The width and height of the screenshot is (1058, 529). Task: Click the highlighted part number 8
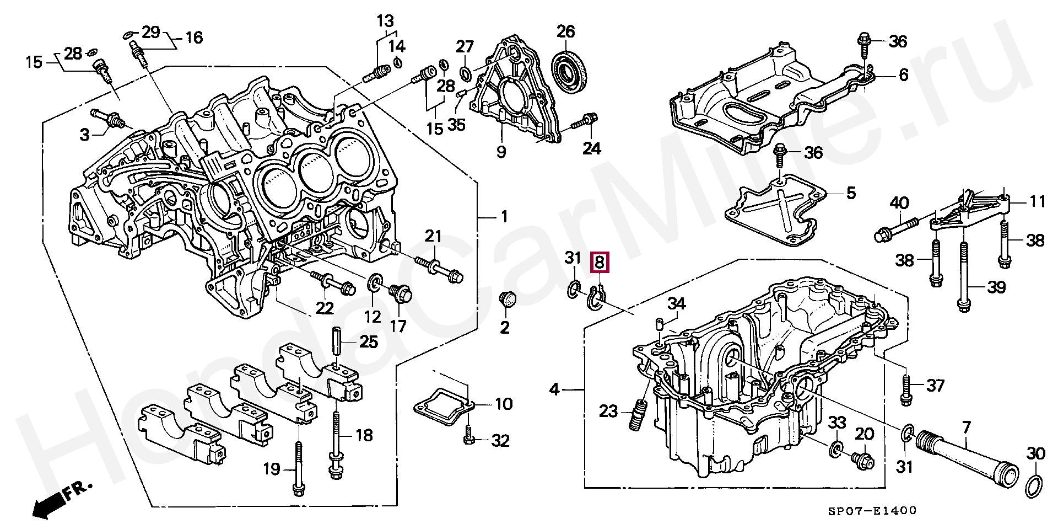[x=599, y=262]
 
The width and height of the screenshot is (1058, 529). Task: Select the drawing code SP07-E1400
[x=872, y=511]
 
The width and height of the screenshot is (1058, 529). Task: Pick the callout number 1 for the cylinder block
[x=504, y=217]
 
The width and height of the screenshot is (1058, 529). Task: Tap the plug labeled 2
[x=507, y=300]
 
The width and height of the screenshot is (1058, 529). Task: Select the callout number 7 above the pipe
[x=965, y=427]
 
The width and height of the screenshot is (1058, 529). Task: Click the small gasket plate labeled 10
[x=444, y=405]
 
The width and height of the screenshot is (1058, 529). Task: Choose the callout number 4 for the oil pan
[x=554, y=389]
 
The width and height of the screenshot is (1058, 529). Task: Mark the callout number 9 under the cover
[x=501, y=151]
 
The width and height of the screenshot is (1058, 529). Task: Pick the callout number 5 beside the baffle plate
[x=851, y=193]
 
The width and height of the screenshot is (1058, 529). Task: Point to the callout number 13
[x=385, y=21]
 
